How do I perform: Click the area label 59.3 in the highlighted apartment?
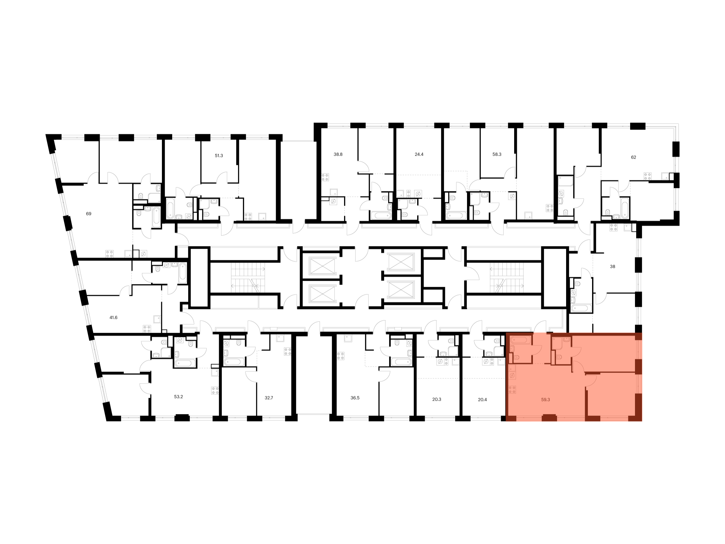[545, 400]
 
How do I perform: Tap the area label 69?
[89, 214]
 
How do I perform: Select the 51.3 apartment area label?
[219, 156]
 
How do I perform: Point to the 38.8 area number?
[338, 154]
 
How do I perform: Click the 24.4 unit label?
[419, 154]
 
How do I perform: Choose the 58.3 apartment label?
[497, 154]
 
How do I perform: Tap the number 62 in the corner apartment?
[633, 157]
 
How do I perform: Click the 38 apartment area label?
[613, 267]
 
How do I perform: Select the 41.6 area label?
[113, 317]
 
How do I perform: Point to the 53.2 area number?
[178, 397]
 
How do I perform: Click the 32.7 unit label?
[269, 398]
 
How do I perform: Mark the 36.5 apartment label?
[355, 398]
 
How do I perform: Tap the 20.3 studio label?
[437, 400]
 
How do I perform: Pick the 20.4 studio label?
[482, 400]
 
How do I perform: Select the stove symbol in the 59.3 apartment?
[512, 390]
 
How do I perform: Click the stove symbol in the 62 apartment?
[648, 176]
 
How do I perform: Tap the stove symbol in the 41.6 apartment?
[147, 329]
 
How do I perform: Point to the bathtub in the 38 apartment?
[581, 308]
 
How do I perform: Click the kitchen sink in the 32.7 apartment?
[280, 338]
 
